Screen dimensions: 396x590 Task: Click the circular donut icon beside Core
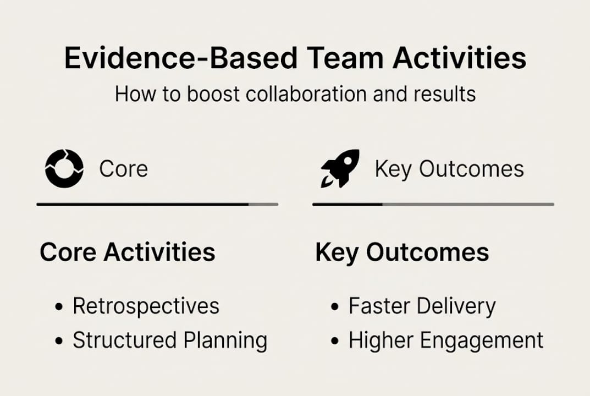[64, 168]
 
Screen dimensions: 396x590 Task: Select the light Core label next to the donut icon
[123, 169]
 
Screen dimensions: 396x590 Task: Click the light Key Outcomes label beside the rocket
[449, 169]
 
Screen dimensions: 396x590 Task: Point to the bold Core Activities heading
[128, 252]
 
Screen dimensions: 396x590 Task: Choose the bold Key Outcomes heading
[402, 252]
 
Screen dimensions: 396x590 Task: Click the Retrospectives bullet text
[146, 306]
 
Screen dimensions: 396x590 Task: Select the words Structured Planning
[170, 340]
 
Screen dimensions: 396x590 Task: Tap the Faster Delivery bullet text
[422, 306]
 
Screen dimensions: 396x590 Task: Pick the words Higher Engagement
[446, 340]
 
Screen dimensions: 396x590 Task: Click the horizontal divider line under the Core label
[157, 204]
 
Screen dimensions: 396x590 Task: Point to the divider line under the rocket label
[433, 204]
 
